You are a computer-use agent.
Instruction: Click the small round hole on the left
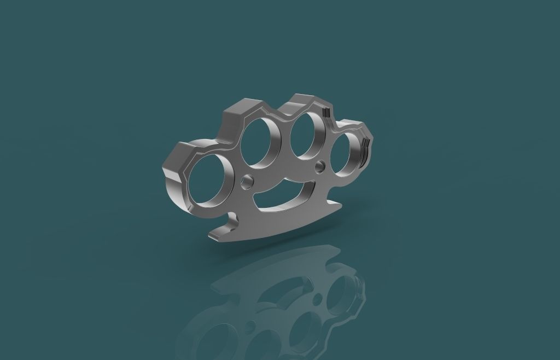247,180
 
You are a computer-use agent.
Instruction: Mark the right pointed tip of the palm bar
341,205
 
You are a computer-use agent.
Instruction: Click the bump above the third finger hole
304,101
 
